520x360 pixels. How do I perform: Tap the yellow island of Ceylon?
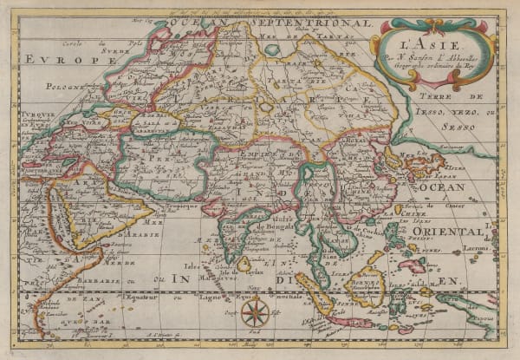pos(244,264)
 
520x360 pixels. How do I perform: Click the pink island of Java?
pos(350,321)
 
